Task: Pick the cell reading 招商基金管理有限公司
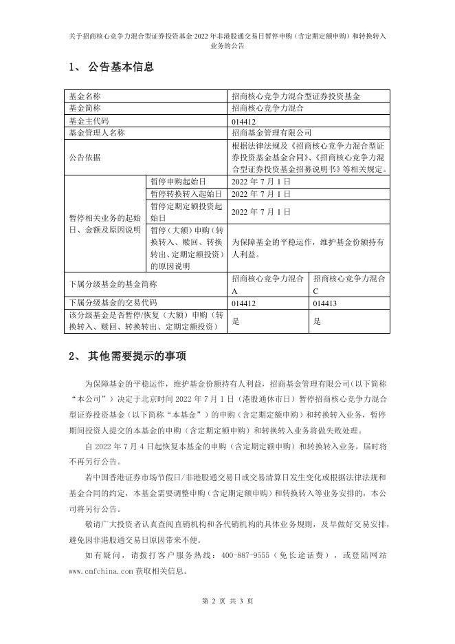pos(272,132)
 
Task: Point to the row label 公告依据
pos(85,157)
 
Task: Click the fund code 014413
pos(326,303)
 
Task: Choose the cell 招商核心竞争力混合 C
pos(349,284)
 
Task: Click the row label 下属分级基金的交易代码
pos(113,303)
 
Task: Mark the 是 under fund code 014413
pos(317,321)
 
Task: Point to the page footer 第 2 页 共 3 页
pos(227,601)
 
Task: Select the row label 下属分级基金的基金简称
pos(113,284)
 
